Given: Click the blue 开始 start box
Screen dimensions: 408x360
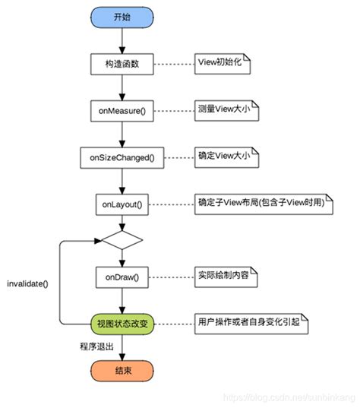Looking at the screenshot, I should (x=122, y=17).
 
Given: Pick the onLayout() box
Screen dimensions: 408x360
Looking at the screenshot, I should (x=122, y=204).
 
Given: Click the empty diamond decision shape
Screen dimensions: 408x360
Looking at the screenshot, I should (x=122, y=239).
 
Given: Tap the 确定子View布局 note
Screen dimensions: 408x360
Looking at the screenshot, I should (x=254, y=204).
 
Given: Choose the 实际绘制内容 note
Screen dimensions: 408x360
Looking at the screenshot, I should (x=225, y=277).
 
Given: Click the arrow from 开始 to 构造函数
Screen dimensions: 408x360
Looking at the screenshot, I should (x=122, y=40).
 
